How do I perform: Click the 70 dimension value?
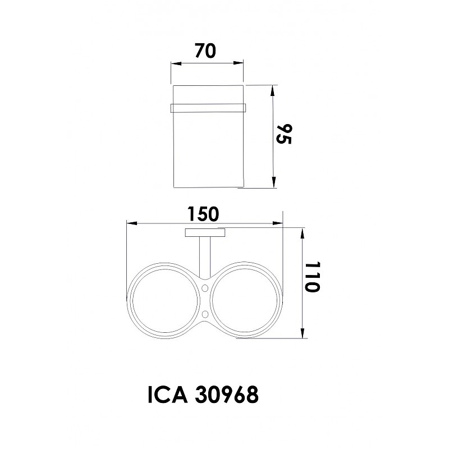pos(205,51)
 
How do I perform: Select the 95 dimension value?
pos(284,134)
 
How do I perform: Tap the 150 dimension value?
pos(203,214)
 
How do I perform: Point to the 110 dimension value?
pos(312,277)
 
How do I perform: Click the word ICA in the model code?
pos(167,395)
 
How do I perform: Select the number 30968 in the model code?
pos(227,395)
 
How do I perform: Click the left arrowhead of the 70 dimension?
pos(176,63)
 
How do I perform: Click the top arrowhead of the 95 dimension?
pos(273,90)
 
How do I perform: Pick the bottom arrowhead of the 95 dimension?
pos(273,182)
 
